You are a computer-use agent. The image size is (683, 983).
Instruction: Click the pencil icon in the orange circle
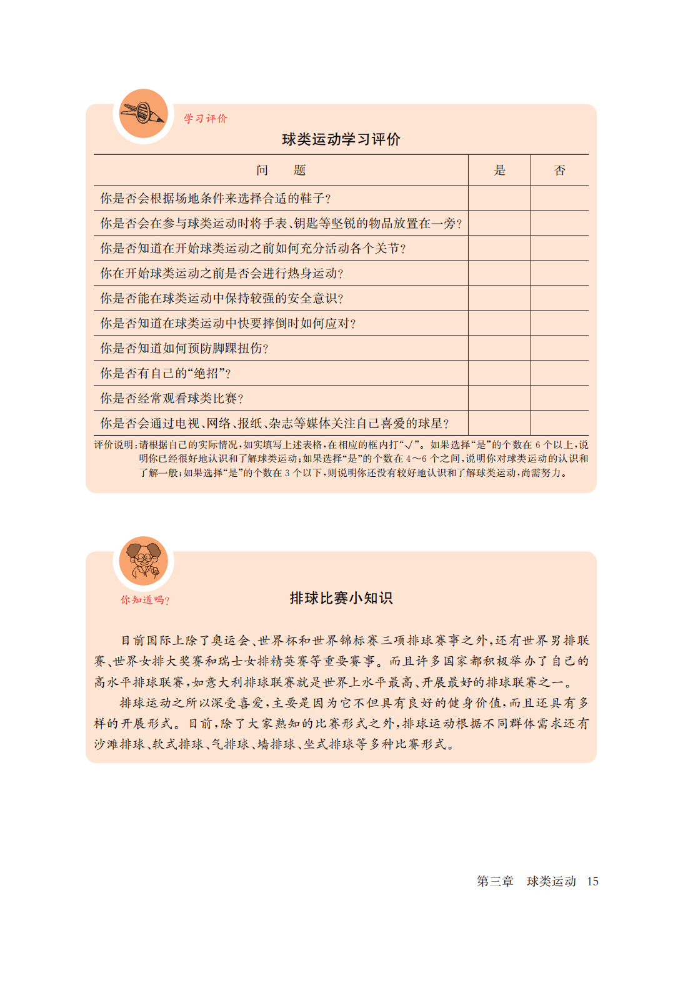click(x=144, y=114)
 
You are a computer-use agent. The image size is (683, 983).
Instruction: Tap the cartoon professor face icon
click(x=144, y=561)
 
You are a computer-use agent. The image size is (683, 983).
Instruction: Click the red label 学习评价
click(x=206, y=119)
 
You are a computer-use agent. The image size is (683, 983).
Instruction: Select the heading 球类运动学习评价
click(x=341, y=139)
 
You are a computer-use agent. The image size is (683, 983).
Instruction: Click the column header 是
click(x=499, y=171)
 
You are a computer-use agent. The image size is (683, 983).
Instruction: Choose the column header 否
click(x=559, y=171)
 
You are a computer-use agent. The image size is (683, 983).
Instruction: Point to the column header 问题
click(x=281, y=171)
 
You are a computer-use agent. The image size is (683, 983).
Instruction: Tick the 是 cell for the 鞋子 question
click(x=499, y=198)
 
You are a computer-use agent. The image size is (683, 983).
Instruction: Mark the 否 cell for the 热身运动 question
click(x=559, y=273)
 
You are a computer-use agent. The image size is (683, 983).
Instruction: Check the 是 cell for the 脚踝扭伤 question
click(x=499, y=348)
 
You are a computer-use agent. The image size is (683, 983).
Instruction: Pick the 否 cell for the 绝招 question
click(x=559, y=373)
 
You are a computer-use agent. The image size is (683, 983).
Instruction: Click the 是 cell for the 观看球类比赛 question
click(x=499, y=398)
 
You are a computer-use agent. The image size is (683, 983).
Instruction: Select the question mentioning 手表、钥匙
click(x=281, y=223)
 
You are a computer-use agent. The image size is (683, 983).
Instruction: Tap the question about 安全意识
click(x=222, y=298)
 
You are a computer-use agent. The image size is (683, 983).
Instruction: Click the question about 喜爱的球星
click(x=274, y=423)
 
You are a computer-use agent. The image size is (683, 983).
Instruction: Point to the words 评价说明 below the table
click(x=114, y=445)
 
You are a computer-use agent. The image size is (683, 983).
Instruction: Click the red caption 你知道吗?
click(x=145, y=600)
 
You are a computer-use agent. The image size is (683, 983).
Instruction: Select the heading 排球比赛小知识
click(x=341, y=598)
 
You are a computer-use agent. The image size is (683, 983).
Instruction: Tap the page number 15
click(x=592, y=881)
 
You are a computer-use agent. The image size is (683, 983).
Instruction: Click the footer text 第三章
click(x=495, y=881)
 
